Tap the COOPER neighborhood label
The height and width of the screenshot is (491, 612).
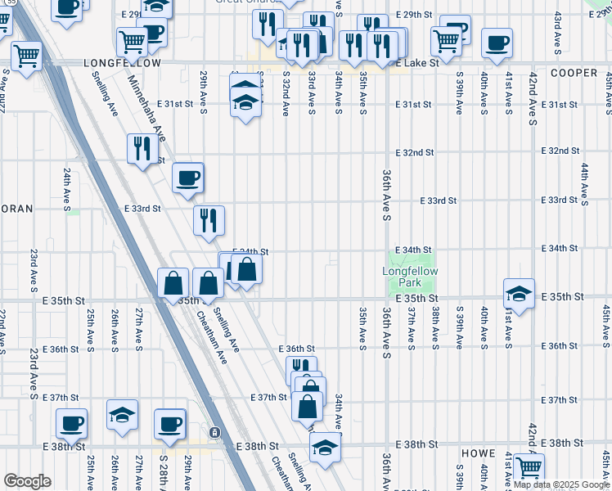(x=574, y=73)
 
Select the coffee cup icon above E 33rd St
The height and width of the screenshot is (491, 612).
(x=188, y=178)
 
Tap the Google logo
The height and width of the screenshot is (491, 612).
(x=27, y=481)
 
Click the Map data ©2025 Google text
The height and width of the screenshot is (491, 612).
(x=562, y=484)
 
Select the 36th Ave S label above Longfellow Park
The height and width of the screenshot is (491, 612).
(x=385, y=195)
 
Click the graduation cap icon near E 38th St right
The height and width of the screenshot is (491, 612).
(x=325, y=448)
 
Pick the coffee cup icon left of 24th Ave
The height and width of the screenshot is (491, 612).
(x=71, y=423)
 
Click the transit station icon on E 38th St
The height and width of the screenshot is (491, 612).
(x=214, y=432)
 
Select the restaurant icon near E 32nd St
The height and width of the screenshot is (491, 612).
(x=142, y=149)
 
